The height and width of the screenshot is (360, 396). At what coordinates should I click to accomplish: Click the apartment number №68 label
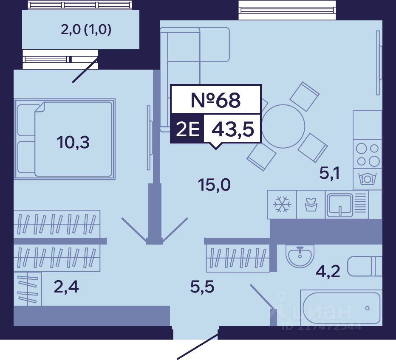coord(215,100)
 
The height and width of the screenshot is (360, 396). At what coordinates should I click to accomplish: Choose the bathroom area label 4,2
coord(328,270)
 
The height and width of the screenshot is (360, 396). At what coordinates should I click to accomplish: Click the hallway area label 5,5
coord(202,288)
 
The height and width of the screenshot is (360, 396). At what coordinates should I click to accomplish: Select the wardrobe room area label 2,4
coord(66,287)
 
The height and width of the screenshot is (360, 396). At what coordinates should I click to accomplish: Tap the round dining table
coord(283,126)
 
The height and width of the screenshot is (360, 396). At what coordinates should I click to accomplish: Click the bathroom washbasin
coord(300,256)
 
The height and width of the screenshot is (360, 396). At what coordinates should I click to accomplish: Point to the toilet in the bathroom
coord(365,267)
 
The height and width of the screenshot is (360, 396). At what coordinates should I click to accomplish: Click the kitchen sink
coord(339,205)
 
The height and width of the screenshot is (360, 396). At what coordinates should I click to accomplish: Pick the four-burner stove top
coord(368,155)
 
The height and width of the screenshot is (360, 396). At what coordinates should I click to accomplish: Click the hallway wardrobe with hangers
coord(238,257)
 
